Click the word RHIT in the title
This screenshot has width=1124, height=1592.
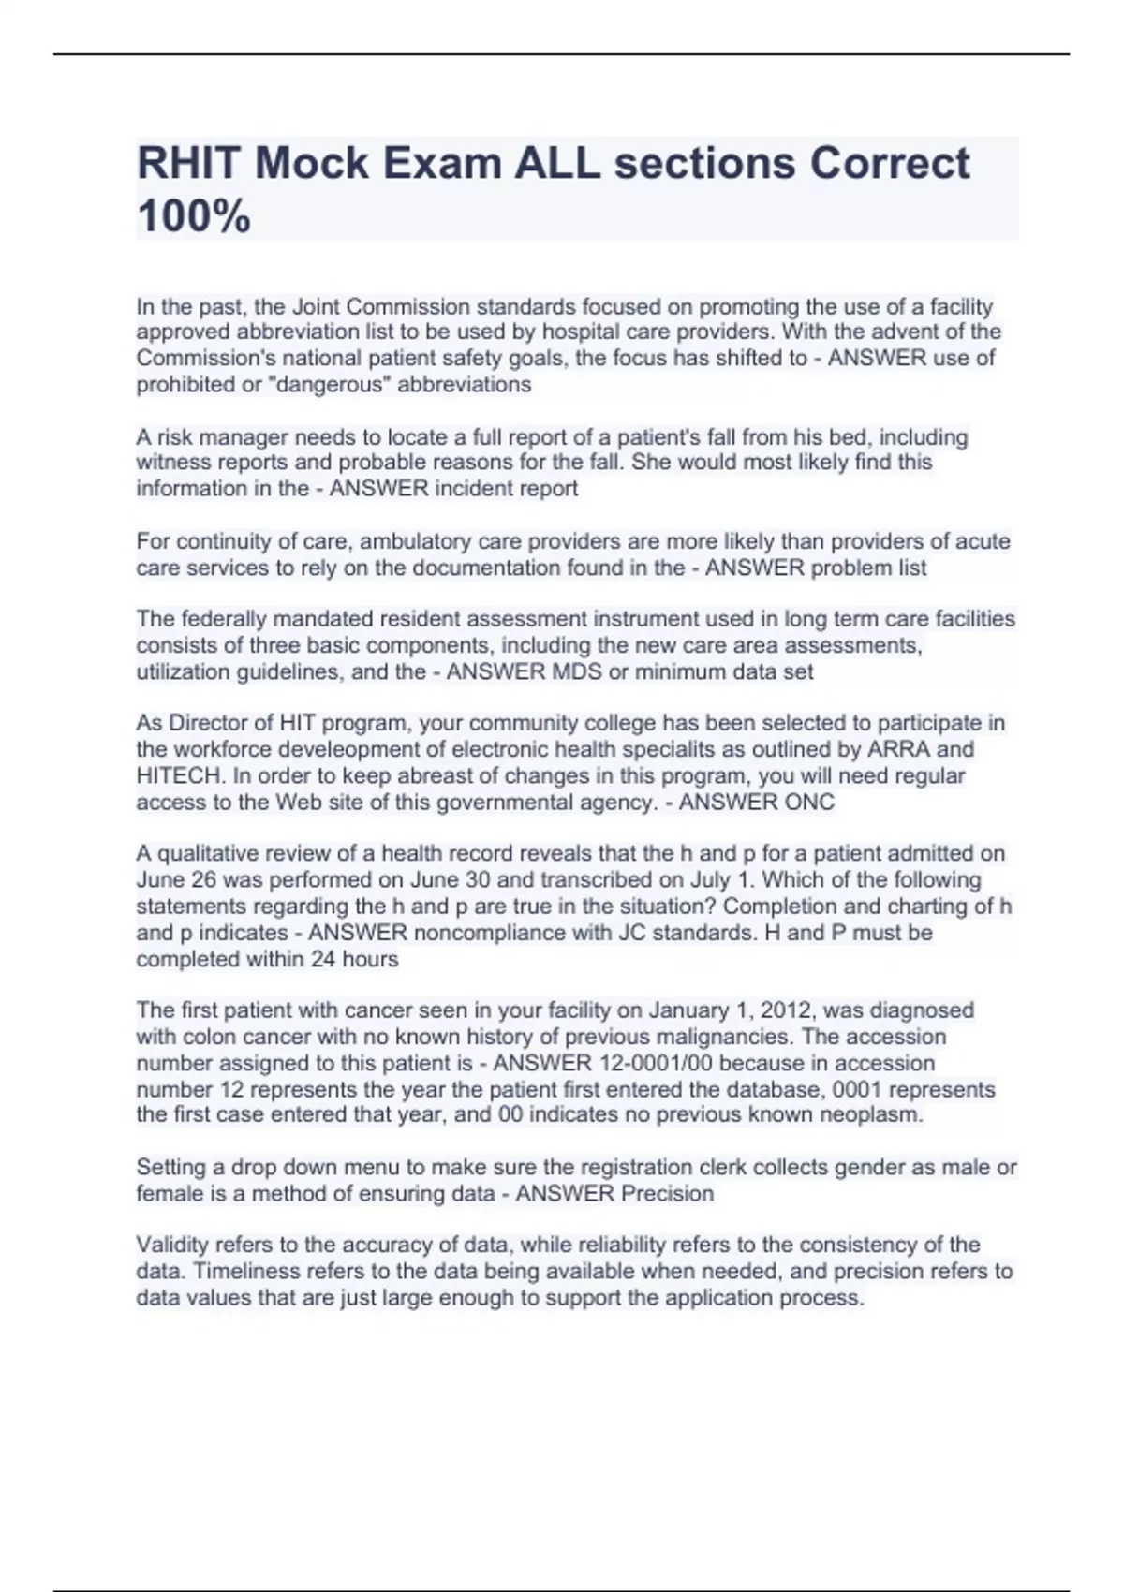point(190,164)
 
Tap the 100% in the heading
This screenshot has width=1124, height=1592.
point(194,216)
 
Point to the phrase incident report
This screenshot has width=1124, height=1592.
point(518,489)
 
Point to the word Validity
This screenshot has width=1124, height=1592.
point(172,1246)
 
